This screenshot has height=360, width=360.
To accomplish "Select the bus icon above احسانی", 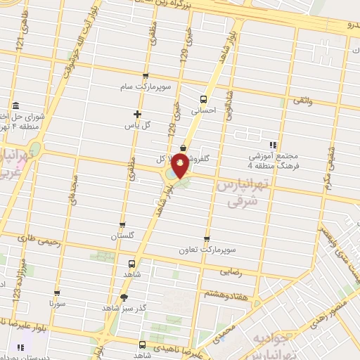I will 204,99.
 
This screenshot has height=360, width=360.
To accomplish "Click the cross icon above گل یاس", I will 137,114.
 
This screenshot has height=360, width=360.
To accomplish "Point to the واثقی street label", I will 302,103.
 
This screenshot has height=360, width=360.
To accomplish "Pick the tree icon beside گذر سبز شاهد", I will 124,297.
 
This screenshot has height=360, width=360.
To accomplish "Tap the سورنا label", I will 57,304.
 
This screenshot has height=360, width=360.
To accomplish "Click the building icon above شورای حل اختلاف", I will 14,100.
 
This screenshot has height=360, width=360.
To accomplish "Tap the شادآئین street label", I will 229,105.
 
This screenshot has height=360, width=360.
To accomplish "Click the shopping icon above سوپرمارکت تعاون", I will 207,239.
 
